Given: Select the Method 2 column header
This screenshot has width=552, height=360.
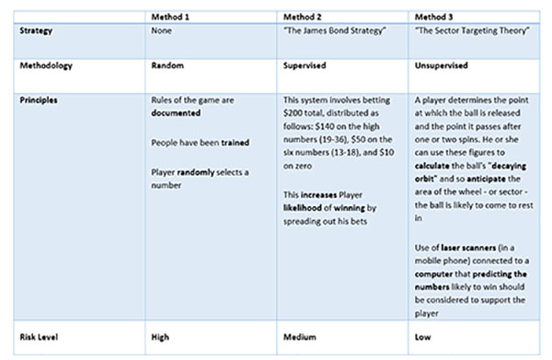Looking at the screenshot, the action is pos(300,16).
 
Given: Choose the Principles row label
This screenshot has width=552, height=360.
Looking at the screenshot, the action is pos(40,98).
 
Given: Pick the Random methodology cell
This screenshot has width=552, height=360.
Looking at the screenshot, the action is pos(167,65).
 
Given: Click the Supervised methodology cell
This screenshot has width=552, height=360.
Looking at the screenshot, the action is pos(303,65).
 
